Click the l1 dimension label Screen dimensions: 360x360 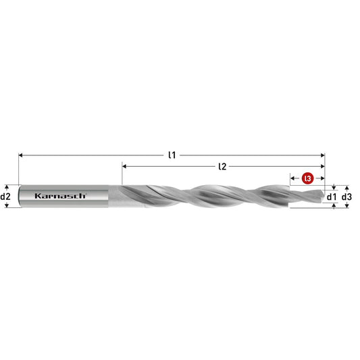(172, 155)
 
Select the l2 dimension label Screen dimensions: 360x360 (222, 166)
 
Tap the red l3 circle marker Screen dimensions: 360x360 (307, 178)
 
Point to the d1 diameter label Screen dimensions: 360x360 (332, 197)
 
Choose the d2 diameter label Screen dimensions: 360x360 (5, 197)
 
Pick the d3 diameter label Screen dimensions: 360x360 (346, 197)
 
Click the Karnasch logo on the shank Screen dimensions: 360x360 (60, 196)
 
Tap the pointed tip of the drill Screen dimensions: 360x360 (324, 197)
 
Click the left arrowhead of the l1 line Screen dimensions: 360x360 (20, 155)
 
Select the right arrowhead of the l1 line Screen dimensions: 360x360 (323, 155)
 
